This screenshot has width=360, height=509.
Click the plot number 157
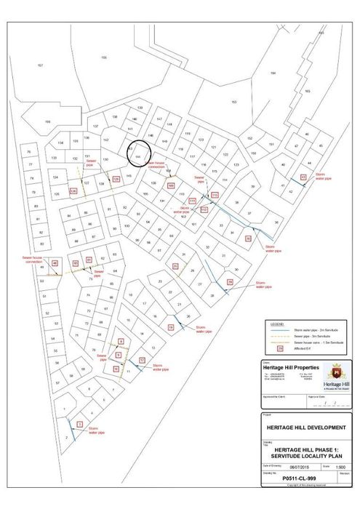coord(40,65)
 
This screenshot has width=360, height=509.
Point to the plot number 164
coord(273,73)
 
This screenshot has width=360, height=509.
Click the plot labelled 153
coord(233,102)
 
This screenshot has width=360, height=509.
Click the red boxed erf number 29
coord(230,281)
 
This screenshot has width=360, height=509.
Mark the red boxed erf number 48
coord(55,263)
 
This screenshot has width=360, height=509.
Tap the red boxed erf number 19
coord(172,328)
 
